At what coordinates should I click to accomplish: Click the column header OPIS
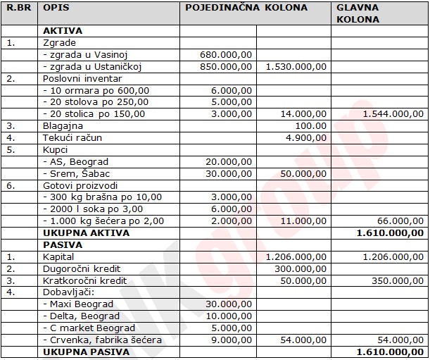tap(56, 8)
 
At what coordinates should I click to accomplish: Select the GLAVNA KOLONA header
tap(358, 13)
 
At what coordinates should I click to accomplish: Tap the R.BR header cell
tap(18, 8)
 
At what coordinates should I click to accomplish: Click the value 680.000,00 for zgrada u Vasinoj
tap(225, 55)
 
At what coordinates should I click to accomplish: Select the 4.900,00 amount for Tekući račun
tap(308, 137)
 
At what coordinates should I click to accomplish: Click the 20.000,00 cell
tap(228, 161)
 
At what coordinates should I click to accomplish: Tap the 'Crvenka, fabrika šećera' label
tap(102, 340)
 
